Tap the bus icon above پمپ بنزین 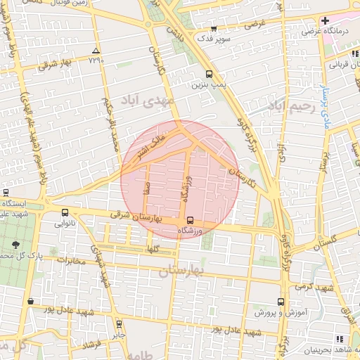[209, 74]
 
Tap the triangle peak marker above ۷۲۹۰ [96, 51]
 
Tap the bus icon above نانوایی [65, 212]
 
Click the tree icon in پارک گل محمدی [15, 245]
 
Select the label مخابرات [71, 261]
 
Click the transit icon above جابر [119, 324]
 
